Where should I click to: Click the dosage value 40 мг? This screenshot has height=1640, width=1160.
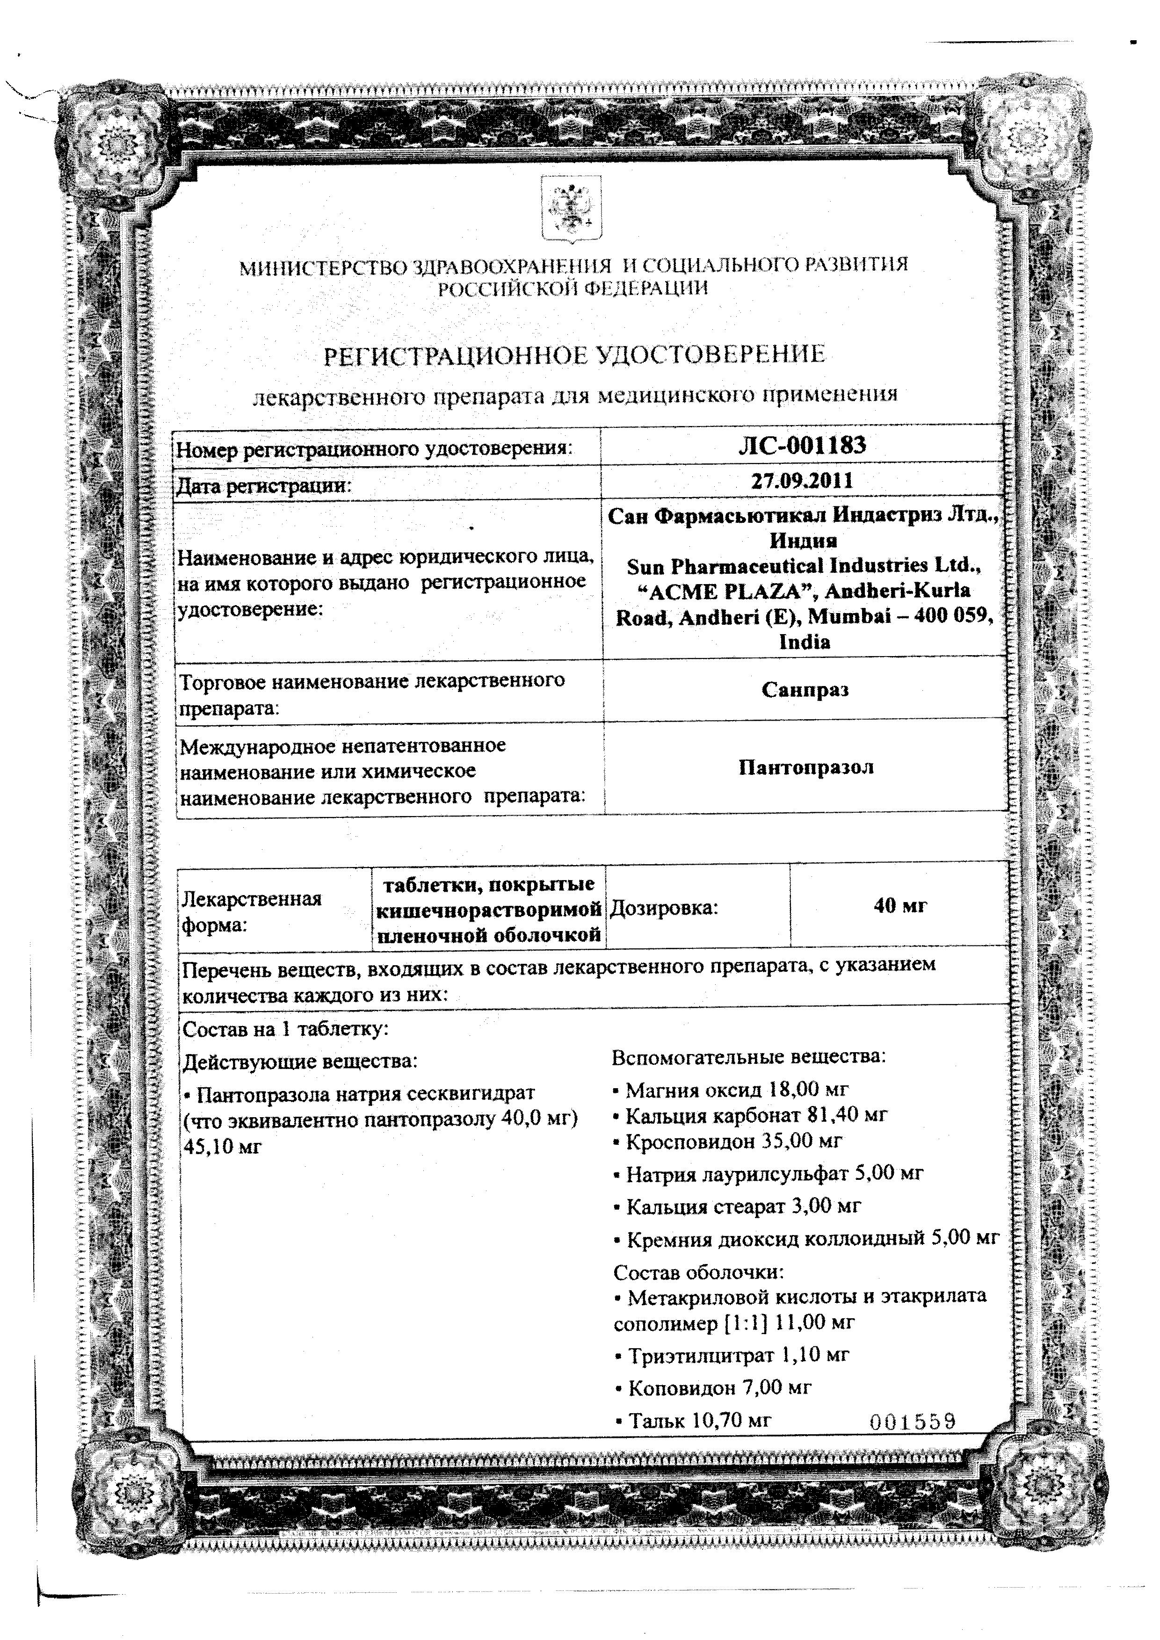coord(900,906)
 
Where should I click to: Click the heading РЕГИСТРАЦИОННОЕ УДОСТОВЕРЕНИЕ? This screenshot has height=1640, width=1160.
coord(575,355)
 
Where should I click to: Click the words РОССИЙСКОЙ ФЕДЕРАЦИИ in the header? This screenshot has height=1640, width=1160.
coord(573,289)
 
